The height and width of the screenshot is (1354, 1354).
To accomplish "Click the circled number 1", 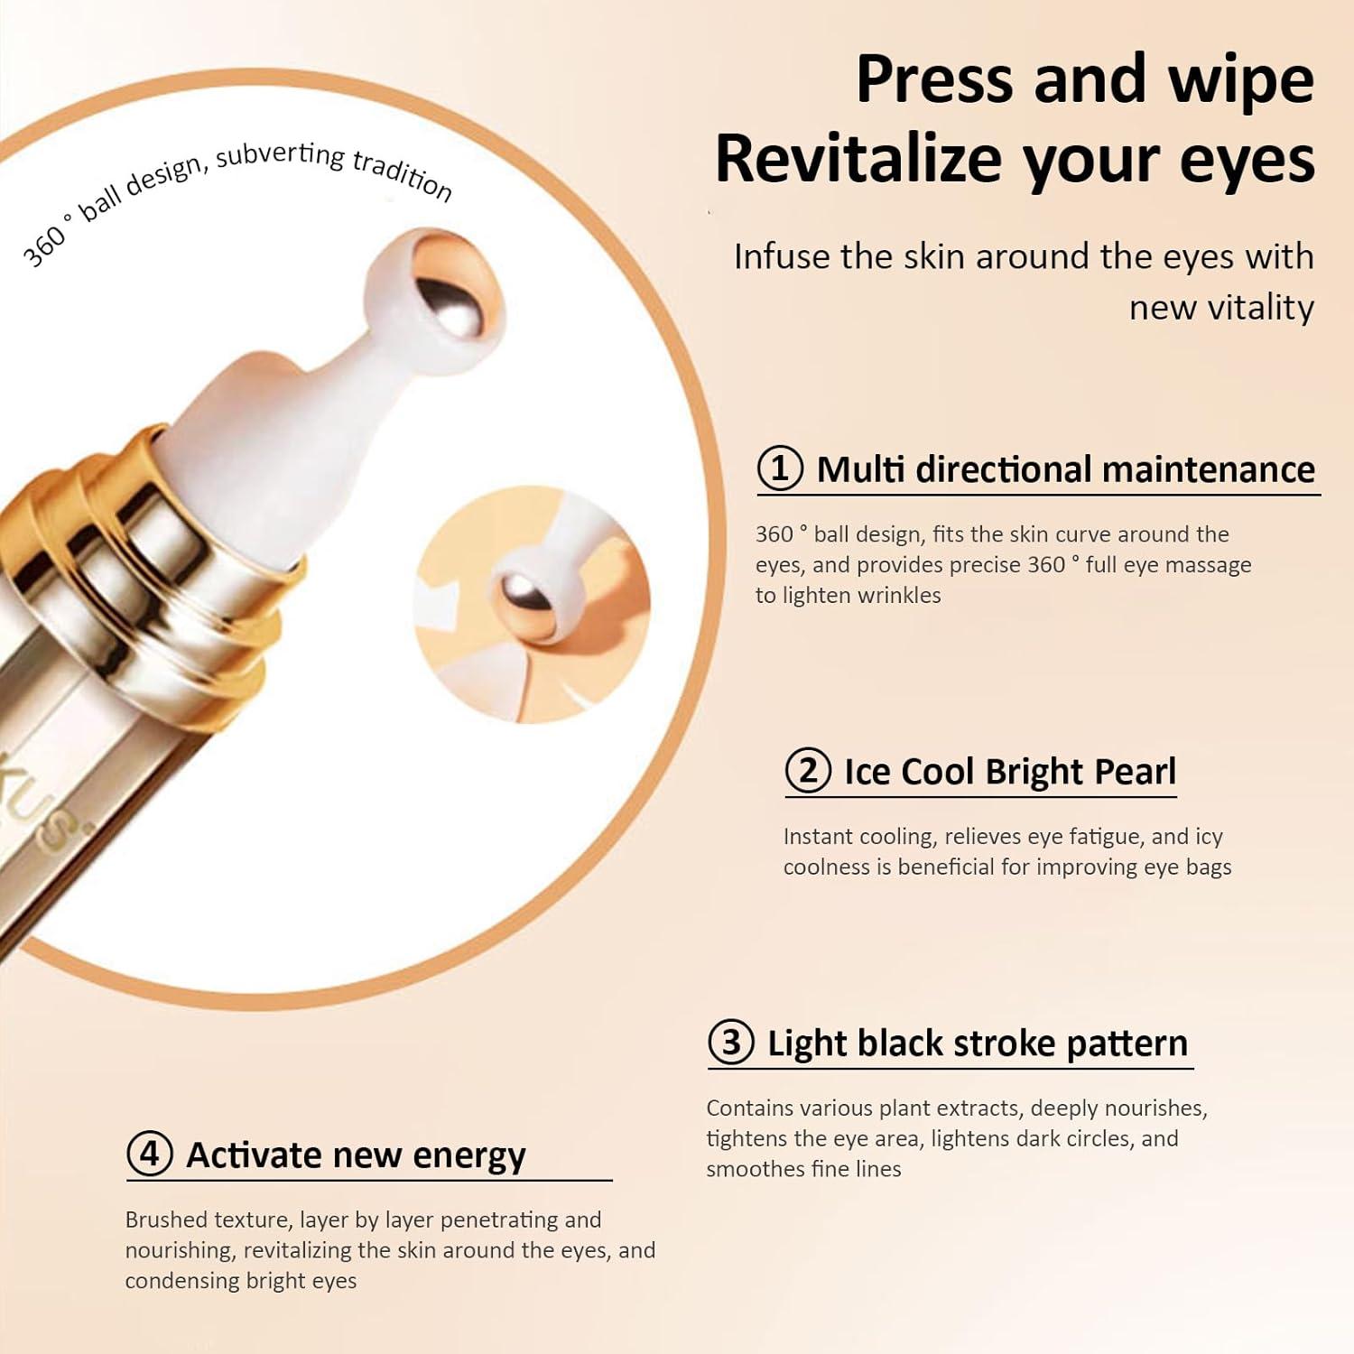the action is (780, 468).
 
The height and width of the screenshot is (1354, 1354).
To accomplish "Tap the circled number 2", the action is (808, 771).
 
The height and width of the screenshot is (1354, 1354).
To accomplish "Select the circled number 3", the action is (731, 1043).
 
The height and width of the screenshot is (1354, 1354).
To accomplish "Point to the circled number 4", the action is (150, 1155).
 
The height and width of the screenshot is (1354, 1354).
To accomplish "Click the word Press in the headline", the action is (935, 80).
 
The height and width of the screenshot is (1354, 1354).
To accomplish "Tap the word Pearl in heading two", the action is (1135, 772).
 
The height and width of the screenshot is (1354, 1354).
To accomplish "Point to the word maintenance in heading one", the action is (1209, 469).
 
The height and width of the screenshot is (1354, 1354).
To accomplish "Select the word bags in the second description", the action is (1202, 868).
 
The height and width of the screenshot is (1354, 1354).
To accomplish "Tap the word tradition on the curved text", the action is (402, 174).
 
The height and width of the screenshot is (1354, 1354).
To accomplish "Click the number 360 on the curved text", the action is (45, 246).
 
